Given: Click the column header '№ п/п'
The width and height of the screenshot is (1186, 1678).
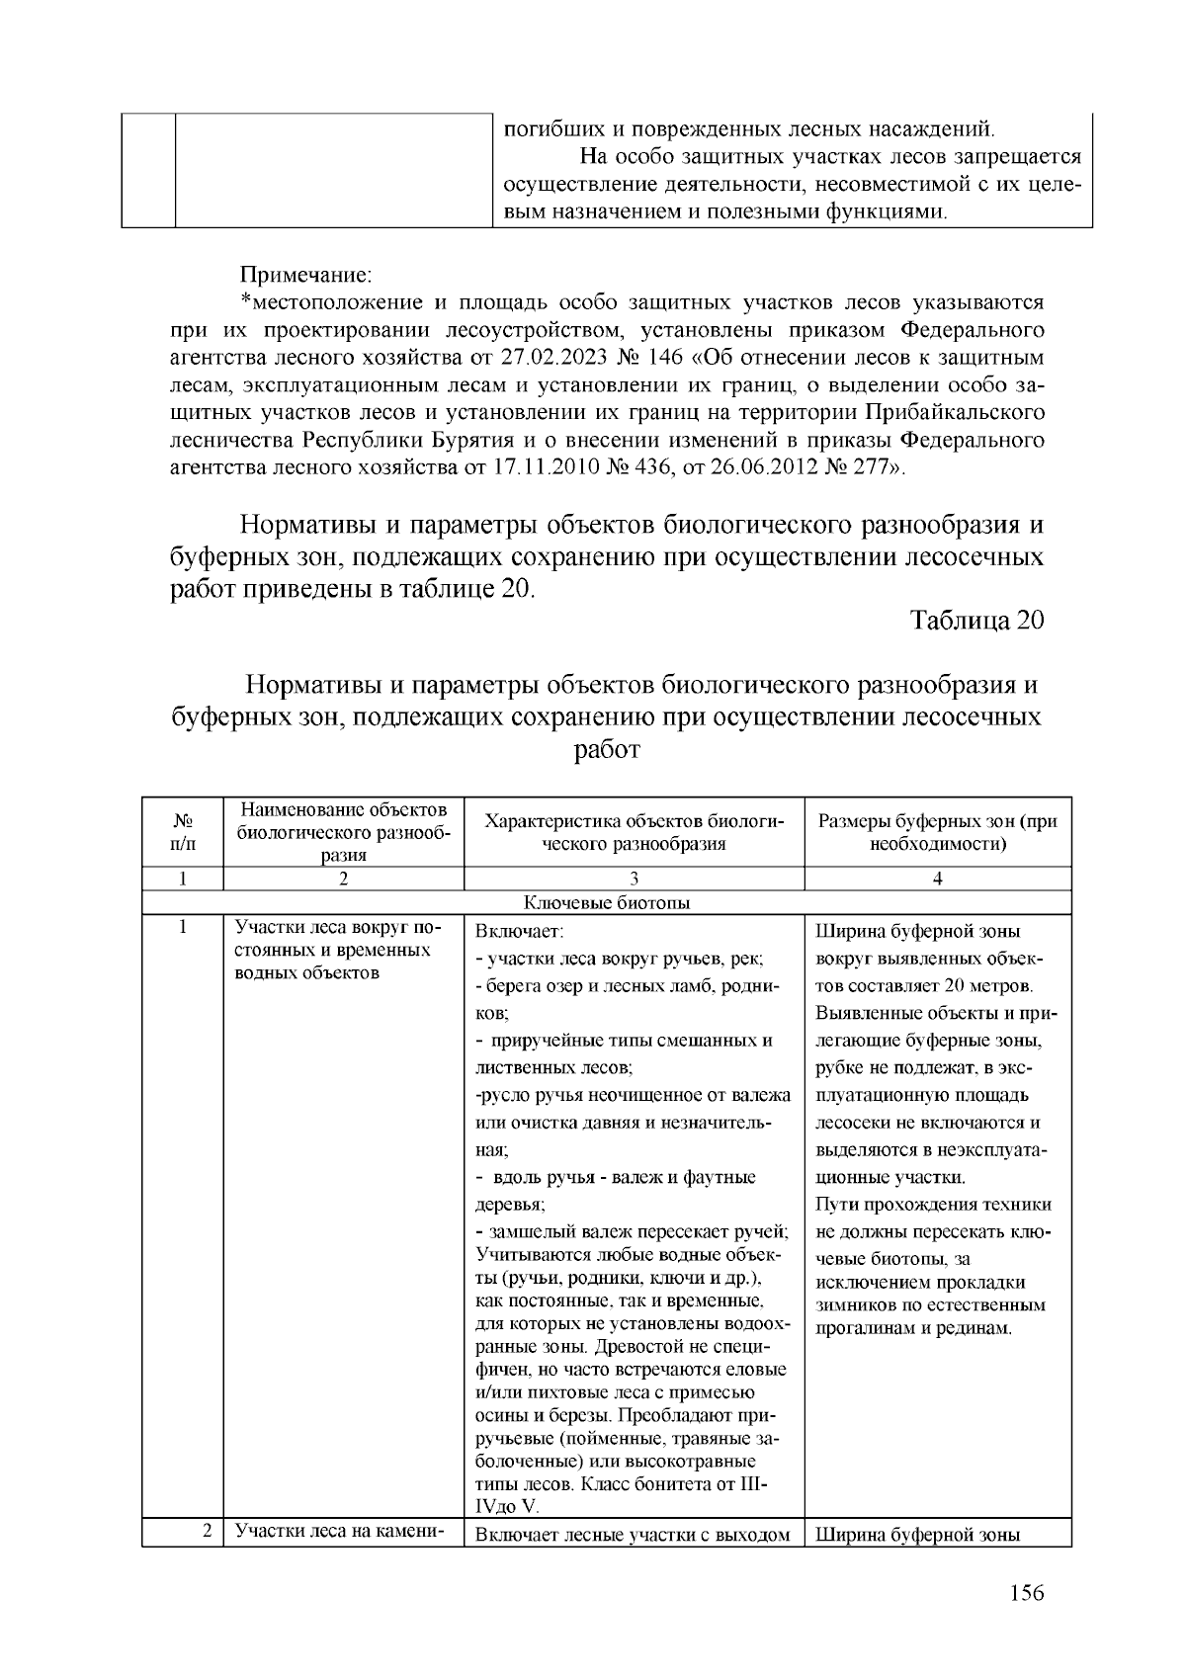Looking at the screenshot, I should (183, 832).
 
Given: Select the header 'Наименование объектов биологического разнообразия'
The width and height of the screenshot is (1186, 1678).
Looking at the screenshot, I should (343, 832).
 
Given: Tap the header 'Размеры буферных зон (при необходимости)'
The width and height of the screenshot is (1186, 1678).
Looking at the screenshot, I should (938, 832).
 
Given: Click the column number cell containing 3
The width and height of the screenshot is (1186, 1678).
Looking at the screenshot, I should (634, 879).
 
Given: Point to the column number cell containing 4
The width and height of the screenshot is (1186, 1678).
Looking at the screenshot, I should (938, 879).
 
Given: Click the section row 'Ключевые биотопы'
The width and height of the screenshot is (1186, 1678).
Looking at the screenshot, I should (606, 902).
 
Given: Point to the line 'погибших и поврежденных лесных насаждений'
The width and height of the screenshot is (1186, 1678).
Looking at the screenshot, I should (748, 128).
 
